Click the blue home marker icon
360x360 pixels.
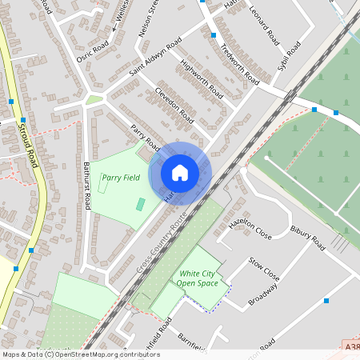point(180,173)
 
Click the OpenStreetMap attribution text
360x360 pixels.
point(81,354)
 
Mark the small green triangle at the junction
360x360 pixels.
point(94,100)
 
